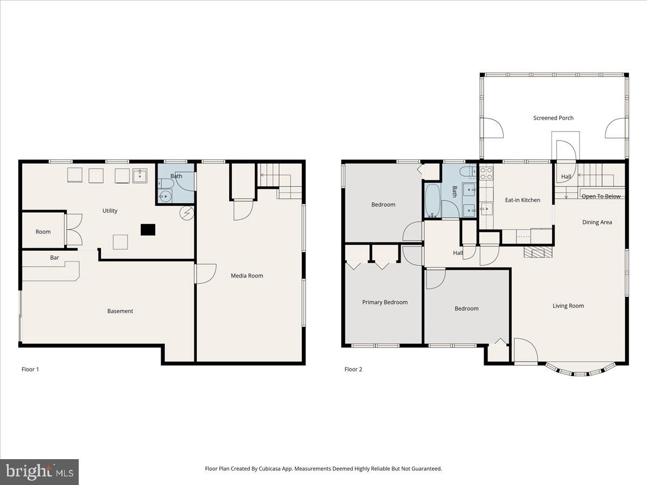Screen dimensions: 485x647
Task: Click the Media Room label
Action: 247,276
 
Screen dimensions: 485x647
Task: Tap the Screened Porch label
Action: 553,118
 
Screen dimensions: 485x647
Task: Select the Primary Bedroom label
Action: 384,302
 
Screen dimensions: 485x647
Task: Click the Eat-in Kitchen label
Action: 522,200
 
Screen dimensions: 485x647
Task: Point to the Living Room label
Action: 568,306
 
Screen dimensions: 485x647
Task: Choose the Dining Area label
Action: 597,222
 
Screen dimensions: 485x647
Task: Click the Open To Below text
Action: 601,196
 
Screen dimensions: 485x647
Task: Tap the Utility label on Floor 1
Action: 110,211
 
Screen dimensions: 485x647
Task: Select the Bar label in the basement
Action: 54,258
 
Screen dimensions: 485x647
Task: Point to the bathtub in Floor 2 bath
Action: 432,201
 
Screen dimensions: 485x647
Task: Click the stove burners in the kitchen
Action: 486,172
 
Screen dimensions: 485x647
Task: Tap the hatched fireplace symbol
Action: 539,253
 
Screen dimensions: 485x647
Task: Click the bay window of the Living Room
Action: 580,371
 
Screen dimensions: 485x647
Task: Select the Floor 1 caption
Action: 30,369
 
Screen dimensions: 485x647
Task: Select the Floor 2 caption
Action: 353,369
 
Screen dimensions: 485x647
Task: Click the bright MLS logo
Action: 39,472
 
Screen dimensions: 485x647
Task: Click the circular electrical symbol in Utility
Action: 186,213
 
